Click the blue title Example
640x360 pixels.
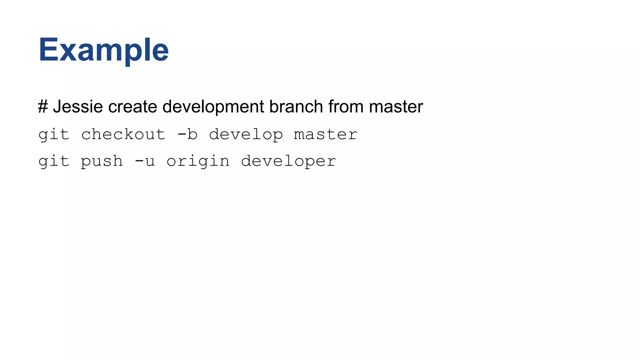click(x=103, y=50)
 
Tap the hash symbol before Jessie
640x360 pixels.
click(x=43, y=107)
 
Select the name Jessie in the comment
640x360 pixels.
click(x=78, y=107)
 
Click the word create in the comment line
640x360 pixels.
click(x=132, y=107)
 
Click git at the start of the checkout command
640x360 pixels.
click(x=53, y=135)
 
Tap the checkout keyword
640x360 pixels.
click(x=123, y=134)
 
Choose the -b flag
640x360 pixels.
click(x=187, y=134)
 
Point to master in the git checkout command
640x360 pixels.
click(x=326, y=135)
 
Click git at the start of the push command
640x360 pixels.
click(x=53, y=162)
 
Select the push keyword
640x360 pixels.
click(x=102, y=162)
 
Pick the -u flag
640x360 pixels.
click(x=145, y=161)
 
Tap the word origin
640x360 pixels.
click(x=198, y=162)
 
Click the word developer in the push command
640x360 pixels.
click(x=288, y=162)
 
